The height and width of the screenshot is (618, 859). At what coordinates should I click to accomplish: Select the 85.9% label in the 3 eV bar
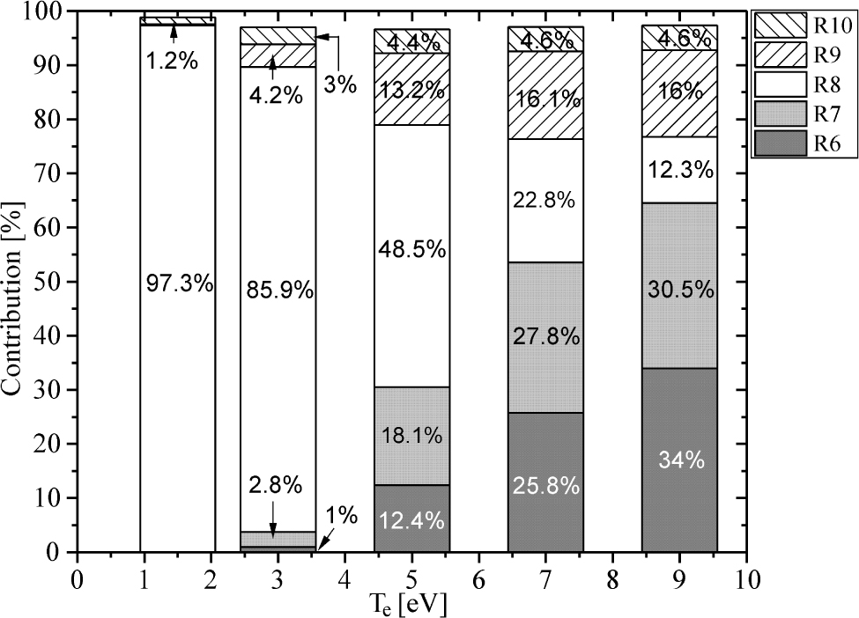click(278, 290)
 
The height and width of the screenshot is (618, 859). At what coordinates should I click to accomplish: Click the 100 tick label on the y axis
click(44, 11)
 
